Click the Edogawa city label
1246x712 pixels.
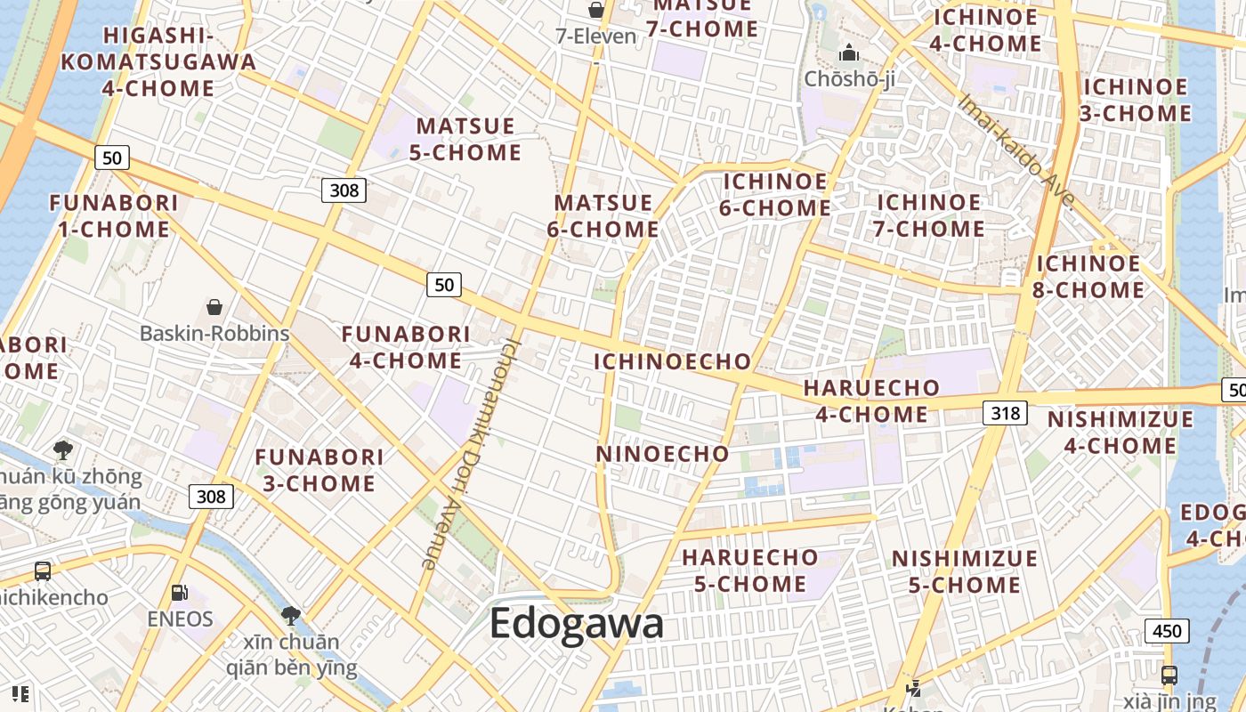pos(577,623)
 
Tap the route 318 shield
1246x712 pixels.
pos(1006,413)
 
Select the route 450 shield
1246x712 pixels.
pos(1166,632)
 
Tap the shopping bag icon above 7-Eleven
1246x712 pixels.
pos(595,10)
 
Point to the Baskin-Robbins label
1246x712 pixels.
pos(214,333)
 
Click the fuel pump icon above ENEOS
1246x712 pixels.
pos(179,592)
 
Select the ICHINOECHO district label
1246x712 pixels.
pos(673,361)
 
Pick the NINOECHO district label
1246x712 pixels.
pos(662,454)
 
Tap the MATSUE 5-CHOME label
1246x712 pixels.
pos(465,139)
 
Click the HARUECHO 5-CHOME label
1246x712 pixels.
pos(749,570)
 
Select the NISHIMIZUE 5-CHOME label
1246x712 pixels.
pos(965,571)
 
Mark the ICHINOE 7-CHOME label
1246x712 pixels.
pos(930,215)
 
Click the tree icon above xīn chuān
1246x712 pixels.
pos(291,614)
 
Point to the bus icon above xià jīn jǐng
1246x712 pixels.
pos(1169,675)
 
